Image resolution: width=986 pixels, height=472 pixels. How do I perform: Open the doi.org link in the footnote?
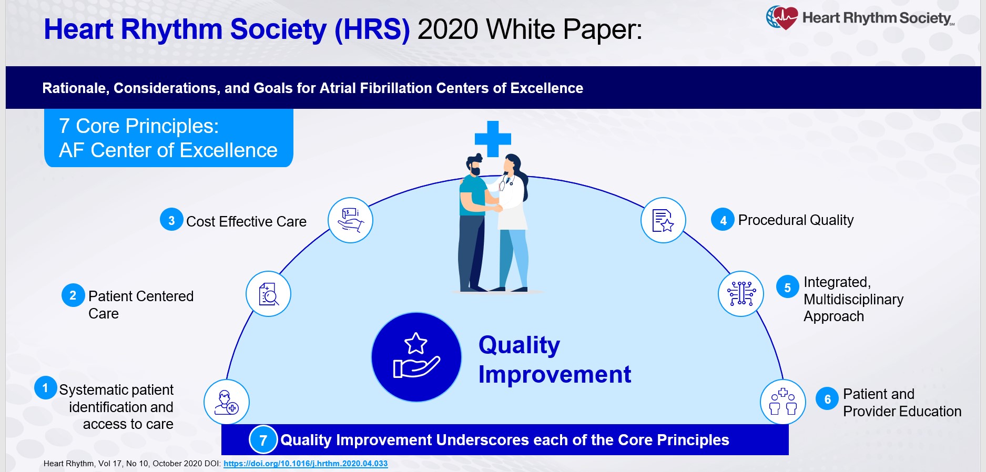(x=306, y=464)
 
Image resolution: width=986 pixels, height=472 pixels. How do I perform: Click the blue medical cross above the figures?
(x=493, y=139)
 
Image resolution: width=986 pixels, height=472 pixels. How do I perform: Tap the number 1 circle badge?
(x=45, y=388)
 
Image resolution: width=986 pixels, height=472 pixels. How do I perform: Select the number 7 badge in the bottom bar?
(x=263, y=440)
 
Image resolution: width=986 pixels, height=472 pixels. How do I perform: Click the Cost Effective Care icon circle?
(x=350, y=220)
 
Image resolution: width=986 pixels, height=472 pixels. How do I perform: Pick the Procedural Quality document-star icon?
(x=663, y=220)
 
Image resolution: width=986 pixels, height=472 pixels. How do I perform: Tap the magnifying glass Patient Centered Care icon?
(x=268, y=294)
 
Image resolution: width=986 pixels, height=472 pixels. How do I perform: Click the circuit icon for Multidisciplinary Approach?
(x=741, y=293)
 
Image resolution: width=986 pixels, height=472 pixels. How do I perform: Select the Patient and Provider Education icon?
(x=782, y=402)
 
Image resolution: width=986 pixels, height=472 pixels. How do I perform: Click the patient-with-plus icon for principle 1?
(x=227, y=402)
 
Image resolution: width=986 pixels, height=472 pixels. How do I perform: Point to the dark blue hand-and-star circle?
(x=416, y=357)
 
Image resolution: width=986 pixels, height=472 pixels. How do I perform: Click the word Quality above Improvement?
(x=519, y=345)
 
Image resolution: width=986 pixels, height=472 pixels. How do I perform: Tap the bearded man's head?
(x=475, y=165)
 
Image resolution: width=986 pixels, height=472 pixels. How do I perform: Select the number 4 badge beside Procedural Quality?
(x=723, y=220)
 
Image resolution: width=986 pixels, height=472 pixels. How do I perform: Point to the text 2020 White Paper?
(x=530, y=29)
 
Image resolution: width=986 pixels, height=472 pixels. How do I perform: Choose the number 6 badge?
(x=827, y=399)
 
